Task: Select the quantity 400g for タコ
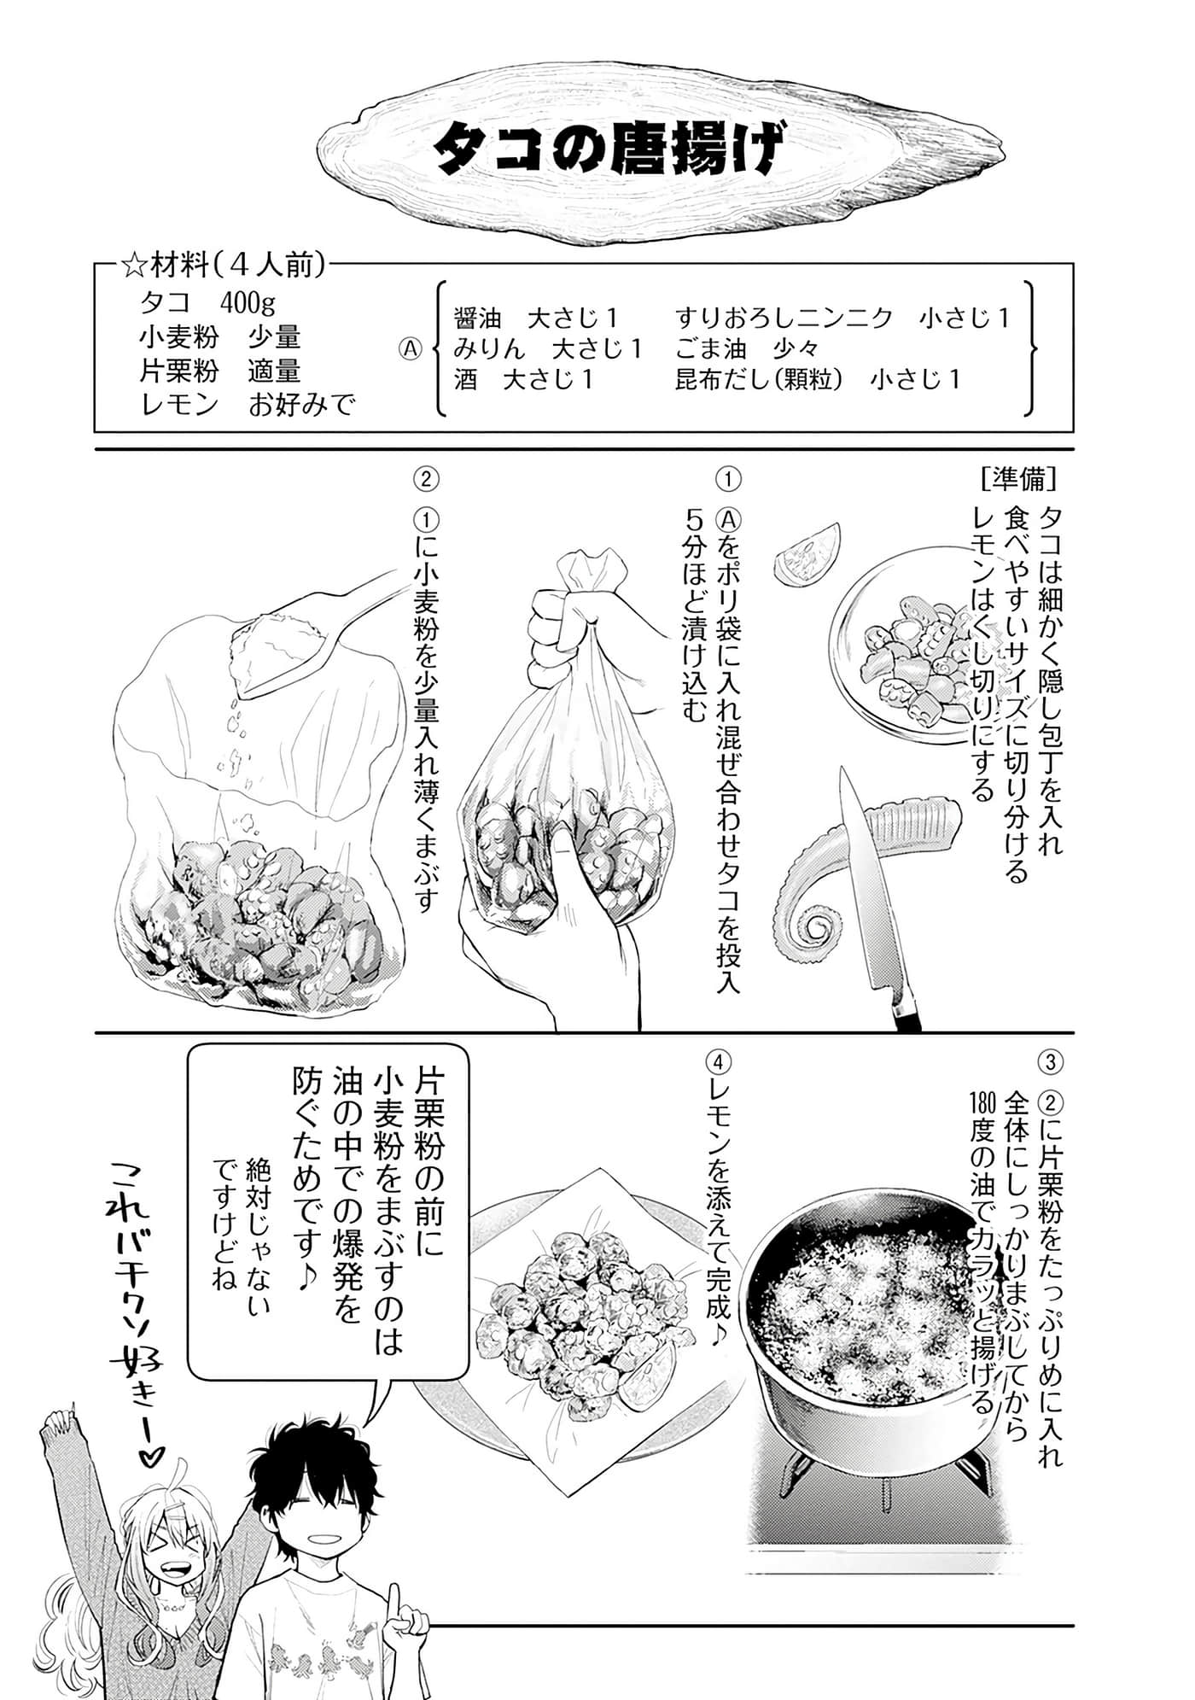tap(248, 304)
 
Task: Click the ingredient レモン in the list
tap(179, 405)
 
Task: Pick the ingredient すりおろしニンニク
tap(784, 318)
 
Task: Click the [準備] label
tap(1021, 479)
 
